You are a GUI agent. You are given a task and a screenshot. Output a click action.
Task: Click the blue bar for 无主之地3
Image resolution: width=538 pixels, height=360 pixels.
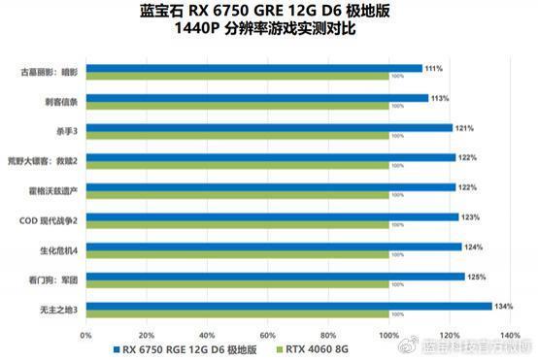288,306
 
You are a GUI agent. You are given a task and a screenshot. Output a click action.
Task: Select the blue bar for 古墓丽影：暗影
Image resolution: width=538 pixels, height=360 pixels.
254,69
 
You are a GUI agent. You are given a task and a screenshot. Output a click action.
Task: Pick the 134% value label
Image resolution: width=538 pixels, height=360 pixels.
503,306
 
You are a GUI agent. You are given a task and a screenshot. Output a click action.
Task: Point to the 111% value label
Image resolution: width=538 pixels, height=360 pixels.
433,69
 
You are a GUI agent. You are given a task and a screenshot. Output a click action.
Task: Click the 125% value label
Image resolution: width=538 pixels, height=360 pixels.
476,277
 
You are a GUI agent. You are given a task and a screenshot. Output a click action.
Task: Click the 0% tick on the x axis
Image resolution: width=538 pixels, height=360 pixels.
86,335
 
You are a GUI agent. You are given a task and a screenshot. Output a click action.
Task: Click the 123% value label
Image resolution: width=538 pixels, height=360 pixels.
470,217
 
